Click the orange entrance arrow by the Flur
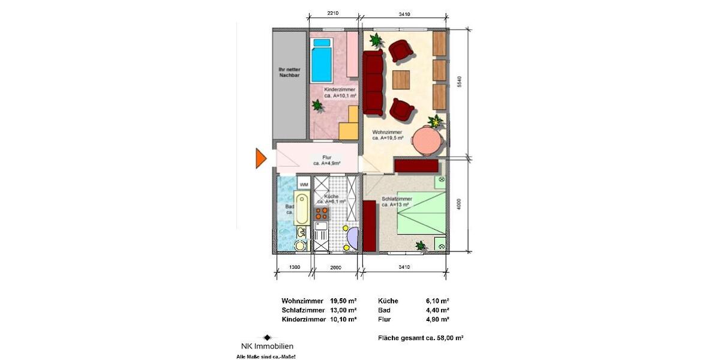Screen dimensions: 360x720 click(x=260, y=158)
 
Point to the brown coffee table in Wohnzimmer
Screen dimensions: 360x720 click(x=401, y=80)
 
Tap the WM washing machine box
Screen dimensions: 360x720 click(x=304, y=184)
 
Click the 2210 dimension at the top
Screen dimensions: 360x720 click(x=334, y=14)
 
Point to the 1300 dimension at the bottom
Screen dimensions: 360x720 click(x=295, y=267)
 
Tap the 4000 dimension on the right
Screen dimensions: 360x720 click(x=459, y=204)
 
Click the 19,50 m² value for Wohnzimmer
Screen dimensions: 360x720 click(x=343, y=301)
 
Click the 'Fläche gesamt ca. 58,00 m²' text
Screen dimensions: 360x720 click(x=421, y=338)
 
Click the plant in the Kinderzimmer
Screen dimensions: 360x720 click(x=317, y=106)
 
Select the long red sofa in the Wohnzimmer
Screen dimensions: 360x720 click(x=374, y=83)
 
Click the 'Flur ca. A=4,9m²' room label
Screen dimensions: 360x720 click(x=327, y=160)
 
